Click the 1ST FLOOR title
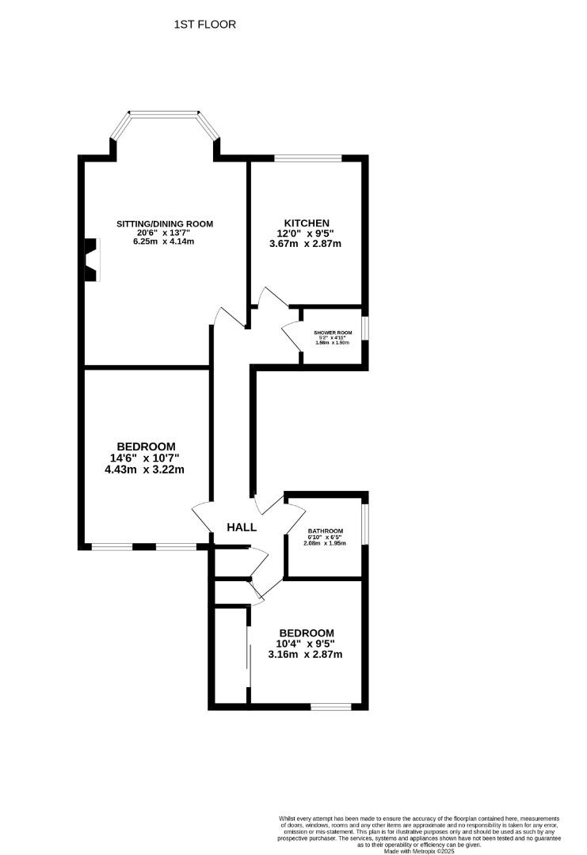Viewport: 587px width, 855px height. (x=204, y=25)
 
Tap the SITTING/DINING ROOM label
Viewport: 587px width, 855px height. (x=165, y=224)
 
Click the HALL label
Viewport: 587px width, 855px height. (x=242, y=527)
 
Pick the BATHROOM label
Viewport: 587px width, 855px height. (x=325, y=530)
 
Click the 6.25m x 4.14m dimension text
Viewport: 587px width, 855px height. (x=165, y=241)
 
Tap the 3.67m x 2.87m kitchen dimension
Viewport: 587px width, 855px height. (x=305, y=244)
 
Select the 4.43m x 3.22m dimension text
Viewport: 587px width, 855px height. (x=145, y=469)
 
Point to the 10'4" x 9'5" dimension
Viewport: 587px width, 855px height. (x=305, y=644)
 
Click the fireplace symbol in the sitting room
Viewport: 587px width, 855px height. (x=92, y=259)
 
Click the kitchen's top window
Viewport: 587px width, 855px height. (x=308, y=159)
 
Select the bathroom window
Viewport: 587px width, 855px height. (x=365, y=521)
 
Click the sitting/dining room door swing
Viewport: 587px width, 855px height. (x=228, y=317)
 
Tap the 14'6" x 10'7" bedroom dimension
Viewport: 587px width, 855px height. (x=145, y=458)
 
